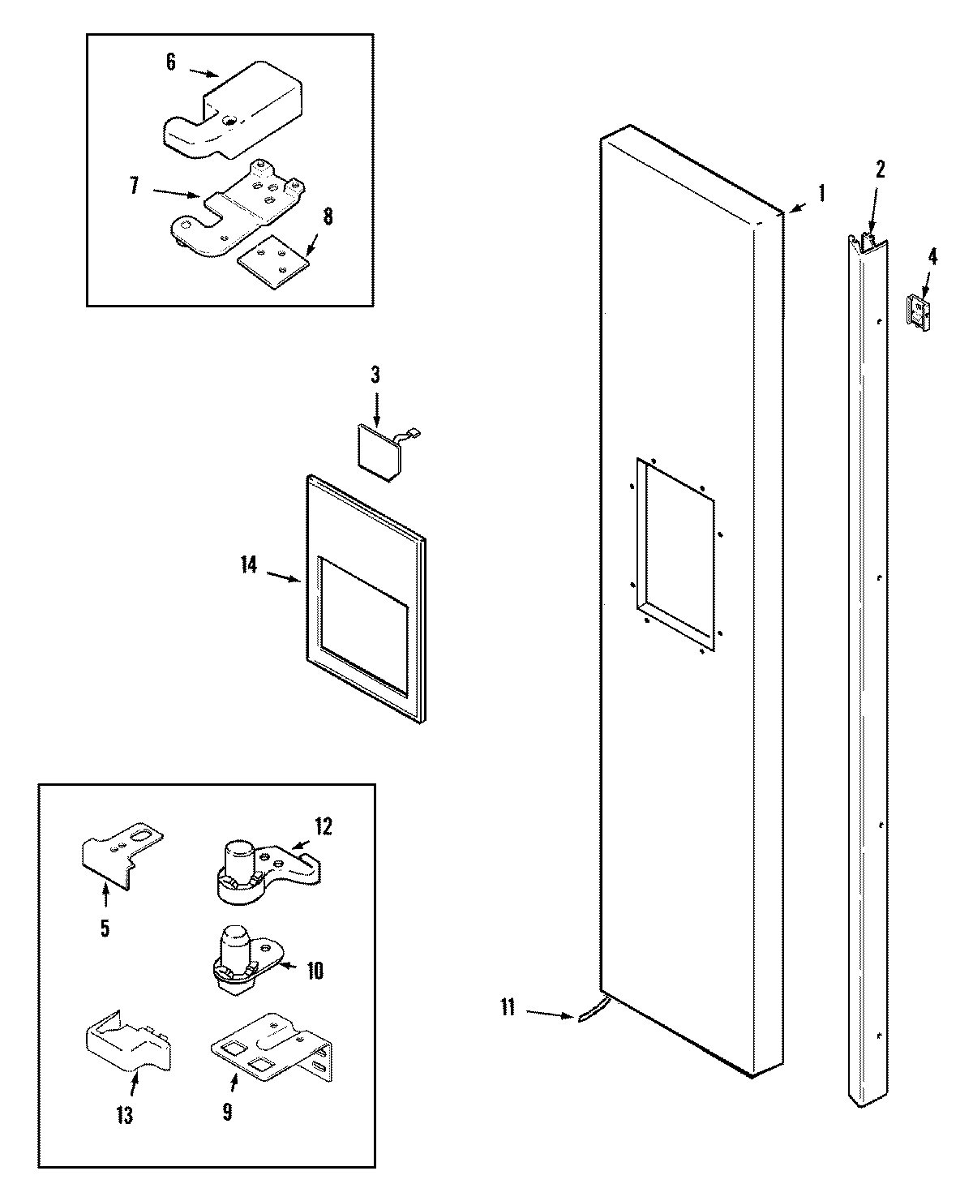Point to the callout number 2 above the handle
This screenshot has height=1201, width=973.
click(880, 169)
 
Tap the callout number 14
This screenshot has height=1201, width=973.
click(248, 565)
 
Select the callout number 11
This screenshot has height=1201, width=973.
click(508, 1008)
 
